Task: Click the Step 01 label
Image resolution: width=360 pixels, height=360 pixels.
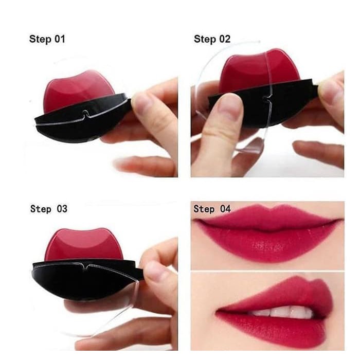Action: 47,39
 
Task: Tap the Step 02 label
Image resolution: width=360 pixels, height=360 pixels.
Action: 212,39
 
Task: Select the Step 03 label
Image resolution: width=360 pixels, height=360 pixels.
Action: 49,209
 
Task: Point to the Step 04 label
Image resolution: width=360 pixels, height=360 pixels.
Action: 212,209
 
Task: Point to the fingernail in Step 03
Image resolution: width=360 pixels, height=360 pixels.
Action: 153,271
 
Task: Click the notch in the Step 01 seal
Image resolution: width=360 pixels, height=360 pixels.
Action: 85,114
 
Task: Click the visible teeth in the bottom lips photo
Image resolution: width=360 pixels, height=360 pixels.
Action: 283,312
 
